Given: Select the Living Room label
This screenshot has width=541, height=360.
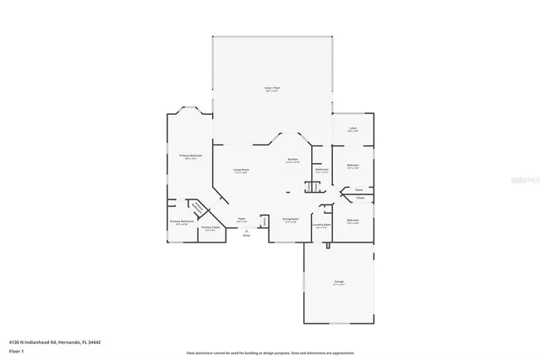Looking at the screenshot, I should [241, 171].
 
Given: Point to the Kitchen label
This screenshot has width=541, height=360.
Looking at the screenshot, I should [292, 160].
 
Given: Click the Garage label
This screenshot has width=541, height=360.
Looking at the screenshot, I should [338, 282].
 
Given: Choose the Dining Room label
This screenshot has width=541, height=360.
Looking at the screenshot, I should [289, 219].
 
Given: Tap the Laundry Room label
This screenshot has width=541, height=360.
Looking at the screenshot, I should [321, 225].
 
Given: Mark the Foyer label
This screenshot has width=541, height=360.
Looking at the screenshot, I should [242, 219].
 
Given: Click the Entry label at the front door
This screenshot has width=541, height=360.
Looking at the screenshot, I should [247, 234].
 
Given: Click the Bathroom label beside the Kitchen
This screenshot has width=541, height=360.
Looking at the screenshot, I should [321, 169].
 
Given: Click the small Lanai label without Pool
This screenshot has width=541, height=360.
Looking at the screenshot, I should [353, 128].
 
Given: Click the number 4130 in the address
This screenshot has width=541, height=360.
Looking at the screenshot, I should [14, 341].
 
